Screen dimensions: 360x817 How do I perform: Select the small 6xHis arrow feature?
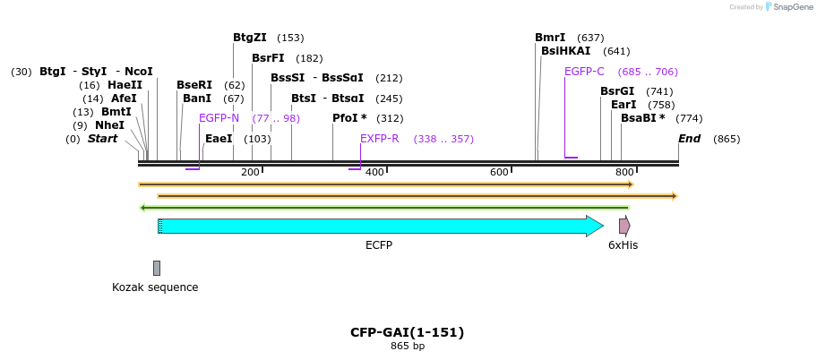point(624,226)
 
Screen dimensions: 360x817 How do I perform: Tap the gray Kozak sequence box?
point(157,268)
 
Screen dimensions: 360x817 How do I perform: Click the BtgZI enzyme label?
point(250,38)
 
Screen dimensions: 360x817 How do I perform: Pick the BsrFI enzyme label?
point(268,58)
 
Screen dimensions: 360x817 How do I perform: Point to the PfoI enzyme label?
point(349,118)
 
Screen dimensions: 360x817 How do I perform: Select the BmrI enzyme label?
point(550,38)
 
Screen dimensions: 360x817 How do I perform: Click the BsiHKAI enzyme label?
point(565,51)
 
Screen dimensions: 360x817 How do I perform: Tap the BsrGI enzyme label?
point(617,91)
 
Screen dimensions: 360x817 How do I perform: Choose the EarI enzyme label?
point(623,105)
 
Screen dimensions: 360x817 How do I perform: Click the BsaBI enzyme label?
point(642,118)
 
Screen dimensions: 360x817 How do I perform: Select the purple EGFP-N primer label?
point(219,118)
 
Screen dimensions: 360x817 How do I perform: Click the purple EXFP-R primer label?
point(379,139)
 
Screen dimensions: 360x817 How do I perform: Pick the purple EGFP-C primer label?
point(584,72)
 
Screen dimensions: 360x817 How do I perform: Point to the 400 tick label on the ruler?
point(374,172)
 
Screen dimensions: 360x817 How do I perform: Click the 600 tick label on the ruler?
point(499,172)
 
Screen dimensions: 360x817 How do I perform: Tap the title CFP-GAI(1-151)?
point(407,332)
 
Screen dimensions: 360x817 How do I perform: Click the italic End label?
point(689,139)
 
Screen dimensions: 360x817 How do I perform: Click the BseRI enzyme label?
point(194,85)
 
